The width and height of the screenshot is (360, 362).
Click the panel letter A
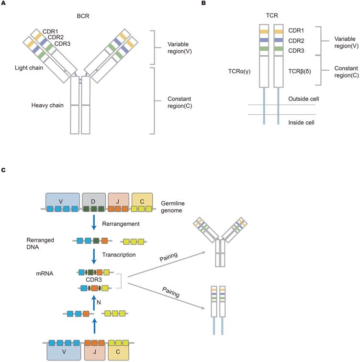[3, 4]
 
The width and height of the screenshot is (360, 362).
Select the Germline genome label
[175, 207]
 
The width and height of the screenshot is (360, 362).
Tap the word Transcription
[120, 255]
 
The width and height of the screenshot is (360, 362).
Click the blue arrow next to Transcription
[95, 256]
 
